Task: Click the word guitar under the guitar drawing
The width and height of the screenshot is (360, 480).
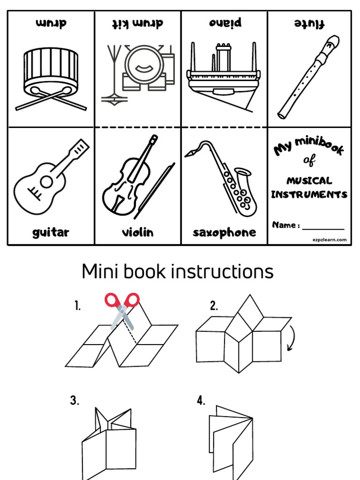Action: (x=51, y=232)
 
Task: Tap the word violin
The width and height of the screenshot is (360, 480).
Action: (x=137, y=232)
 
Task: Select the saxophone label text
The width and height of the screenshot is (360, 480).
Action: (x=224, y=232)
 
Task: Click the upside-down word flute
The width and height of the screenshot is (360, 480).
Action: (x=309, y=23)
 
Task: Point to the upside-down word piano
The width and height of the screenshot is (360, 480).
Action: (x=224, y=22)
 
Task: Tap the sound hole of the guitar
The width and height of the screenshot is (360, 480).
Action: (x=46, y=181)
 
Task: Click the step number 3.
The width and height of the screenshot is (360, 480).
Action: (x=75, y=401)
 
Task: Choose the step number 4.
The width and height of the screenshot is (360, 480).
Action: (x=201, y=401)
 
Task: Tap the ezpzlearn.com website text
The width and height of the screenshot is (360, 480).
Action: (x=330, y=240)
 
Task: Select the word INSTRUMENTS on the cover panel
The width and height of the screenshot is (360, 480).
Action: (x=309, y=195)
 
